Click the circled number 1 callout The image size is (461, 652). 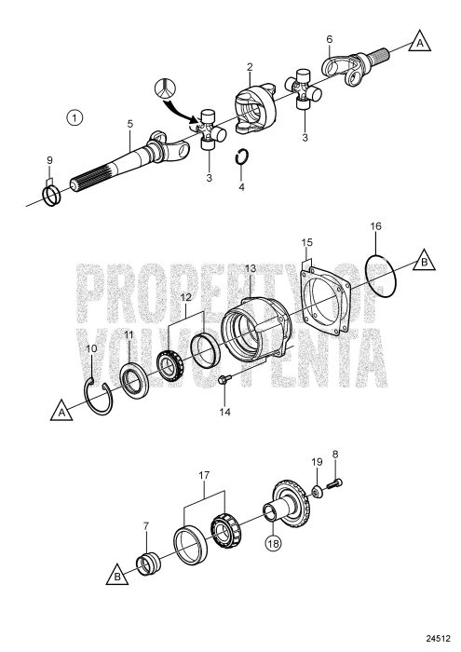[x=75, y=117]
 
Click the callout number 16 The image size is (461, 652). [x=375, y=226]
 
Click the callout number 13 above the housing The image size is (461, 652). [x=250, y=268]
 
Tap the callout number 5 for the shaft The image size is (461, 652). [x=129, y=124]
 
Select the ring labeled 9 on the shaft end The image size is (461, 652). [x=53, y=196]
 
